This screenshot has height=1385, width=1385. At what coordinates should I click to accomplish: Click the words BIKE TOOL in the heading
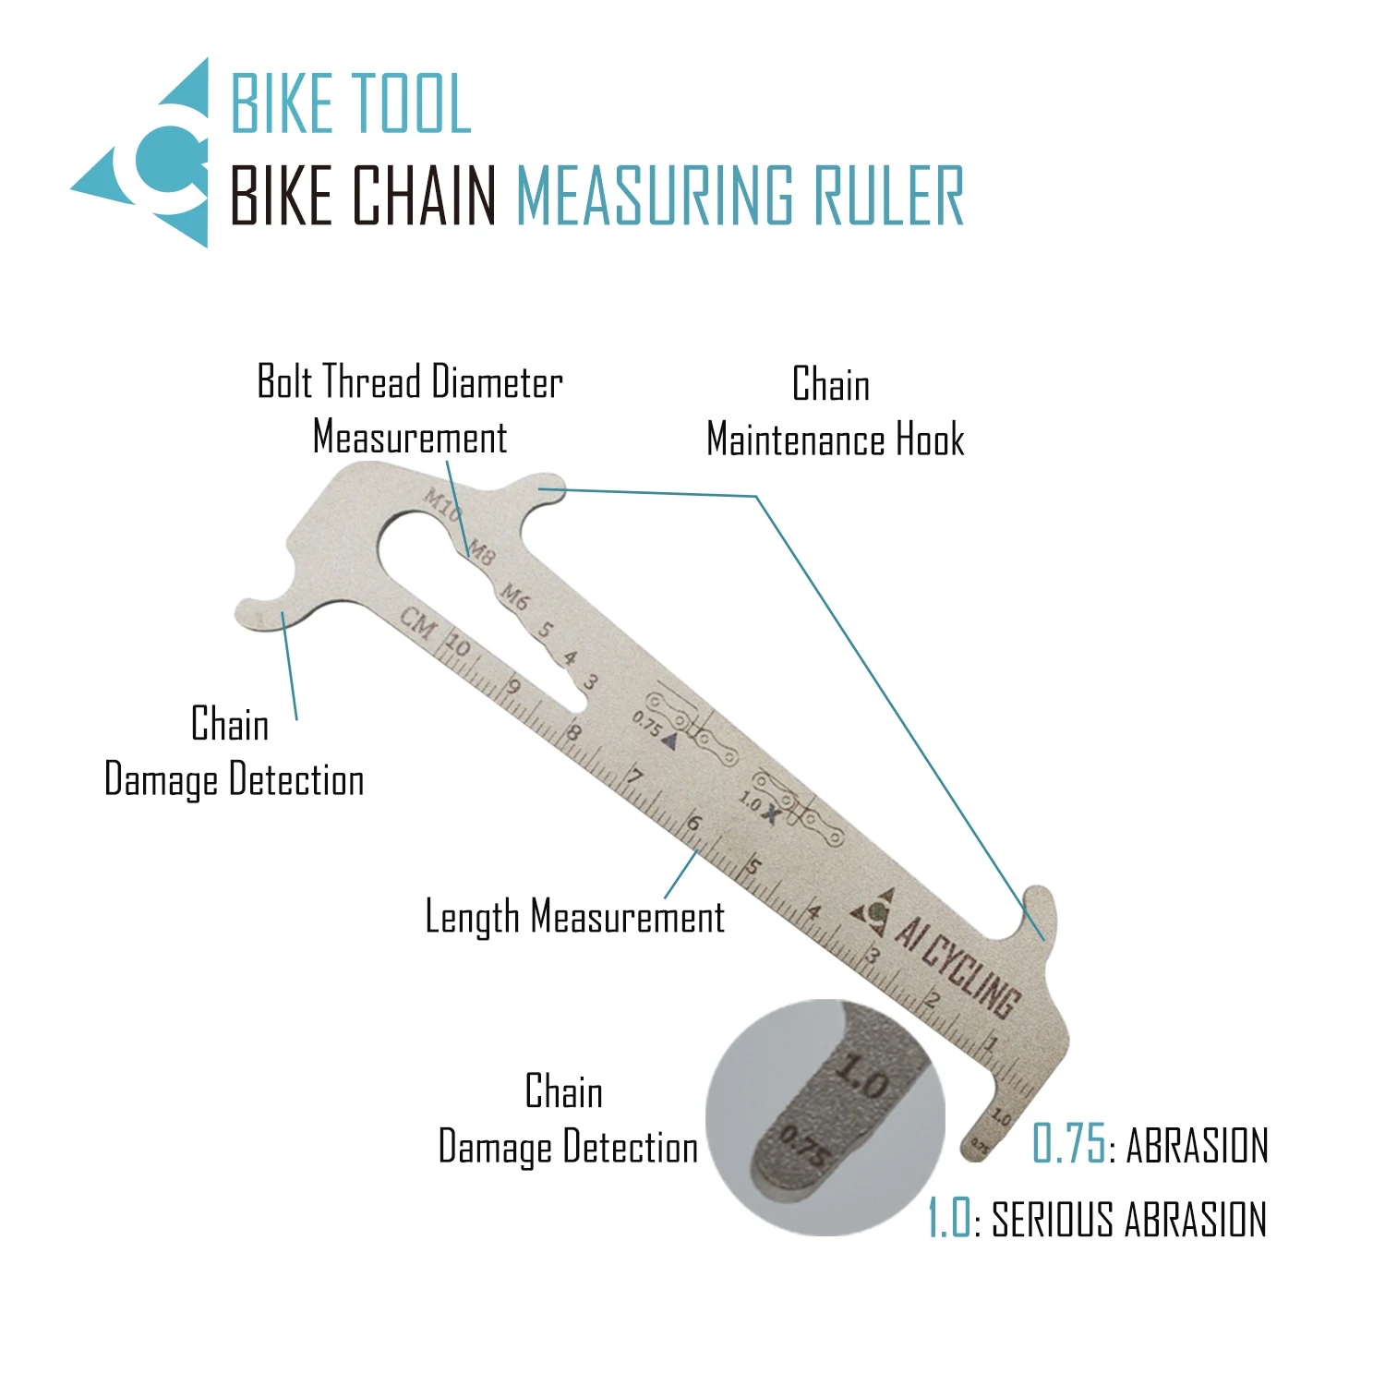click(351, 103)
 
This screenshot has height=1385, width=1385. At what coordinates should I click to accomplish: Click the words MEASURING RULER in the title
click(740, 196)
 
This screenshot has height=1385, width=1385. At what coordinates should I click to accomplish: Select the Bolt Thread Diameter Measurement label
click(409, 409)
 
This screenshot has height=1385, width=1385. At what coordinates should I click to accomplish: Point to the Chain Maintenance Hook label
click(834, 412)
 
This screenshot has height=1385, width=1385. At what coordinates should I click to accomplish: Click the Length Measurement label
click(574, 917)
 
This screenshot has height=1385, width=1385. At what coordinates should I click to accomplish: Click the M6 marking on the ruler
click(514, 597)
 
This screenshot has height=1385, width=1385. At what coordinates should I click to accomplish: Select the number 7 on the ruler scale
click(634, 777)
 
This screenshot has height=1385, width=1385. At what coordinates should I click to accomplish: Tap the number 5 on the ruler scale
click(753, 866)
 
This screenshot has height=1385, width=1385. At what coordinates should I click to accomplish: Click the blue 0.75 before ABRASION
click(1068, 1145)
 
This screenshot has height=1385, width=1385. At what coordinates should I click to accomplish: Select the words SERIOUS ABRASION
click(1128, 1219)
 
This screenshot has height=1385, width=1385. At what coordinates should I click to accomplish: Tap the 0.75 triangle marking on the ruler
click(655, 729)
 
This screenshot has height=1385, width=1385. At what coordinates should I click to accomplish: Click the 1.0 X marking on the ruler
click(759, 808)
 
